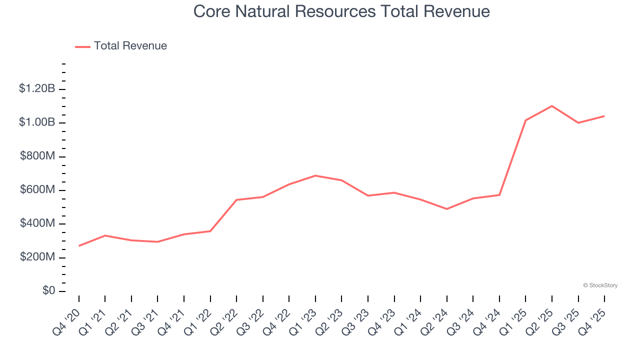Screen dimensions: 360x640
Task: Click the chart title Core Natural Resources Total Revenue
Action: [x=341, y=11]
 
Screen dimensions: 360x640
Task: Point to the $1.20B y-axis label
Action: [x=36, y=89]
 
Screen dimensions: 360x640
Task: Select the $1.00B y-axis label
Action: [x=36, y=123]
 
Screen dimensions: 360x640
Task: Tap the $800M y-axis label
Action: [x=37, y=156]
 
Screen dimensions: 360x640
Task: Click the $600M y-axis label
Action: [x=37, y=190]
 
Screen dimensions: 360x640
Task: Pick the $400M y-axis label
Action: [x=37, y=223]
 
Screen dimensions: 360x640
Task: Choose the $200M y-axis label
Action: [x=37, y=257]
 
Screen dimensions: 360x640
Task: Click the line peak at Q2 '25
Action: [x=552, y=106]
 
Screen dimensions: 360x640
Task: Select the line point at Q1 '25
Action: [x=525, y=120]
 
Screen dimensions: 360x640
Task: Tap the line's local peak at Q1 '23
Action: [x=315, y=175]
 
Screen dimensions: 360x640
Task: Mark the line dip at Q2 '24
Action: [x=446, y=209]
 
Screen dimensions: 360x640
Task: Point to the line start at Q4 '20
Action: [x=79, y=246]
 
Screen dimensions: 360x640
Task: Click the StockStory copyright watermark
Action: [x=600, y=285]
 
